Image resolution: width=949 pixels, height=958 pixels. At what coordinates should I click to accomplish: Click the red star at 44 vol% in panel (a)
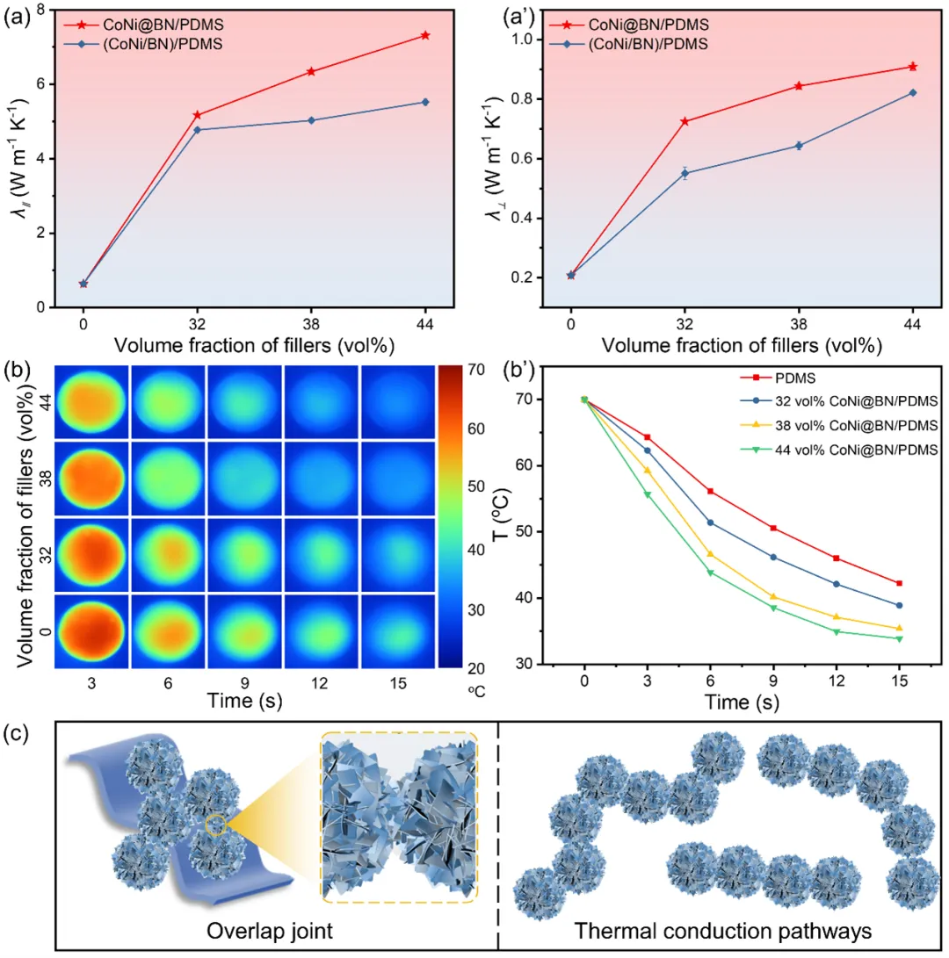(x=425, y=35)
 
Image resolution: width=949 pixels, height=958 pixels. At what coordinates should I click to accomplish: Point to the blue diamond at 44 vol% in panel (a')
(x=913, y=92)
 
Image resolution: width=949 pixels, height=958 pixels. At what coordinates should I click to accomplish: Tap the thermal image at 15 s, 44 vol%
(x=396, y=400)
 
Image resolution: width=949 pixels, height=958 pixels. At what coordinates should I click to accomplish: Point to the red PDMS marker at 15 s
(x=899, y=583)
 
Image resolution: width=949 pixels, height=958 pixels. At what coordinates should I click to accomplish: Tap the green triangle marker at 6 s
(x=711, y=573)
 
